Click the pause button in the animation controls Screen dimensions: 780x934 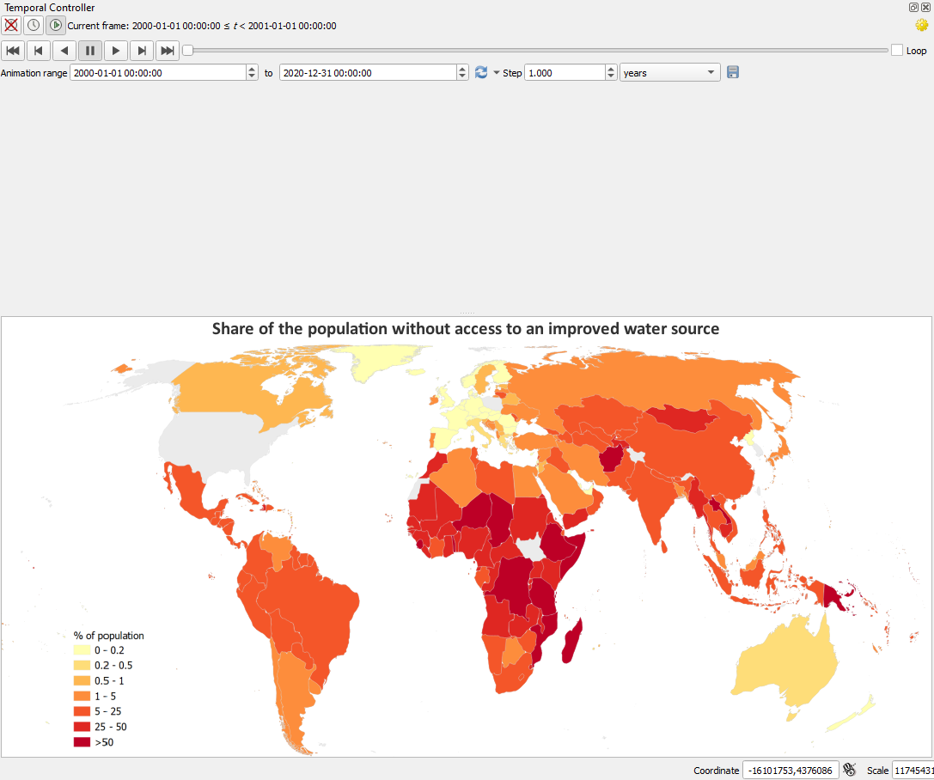coord(90,51)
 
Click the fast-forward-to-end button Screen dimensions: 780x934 coord(168,51)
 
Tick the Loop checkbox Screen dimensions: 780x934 coord(897,51)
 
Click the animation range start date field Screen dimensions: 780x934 coord(158,73)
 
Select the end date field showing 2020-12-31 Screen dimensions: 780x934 coord(368,73)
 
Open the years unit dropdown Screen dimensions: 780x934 coord(670,73)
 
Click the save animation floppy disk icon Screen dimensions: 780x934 coord(733,73)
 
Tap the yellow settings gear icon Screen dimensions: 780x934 coord(921,26)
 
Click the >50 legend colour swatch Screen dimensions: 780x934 coord(82,742)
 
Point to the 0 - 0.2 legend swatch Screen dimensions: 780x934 coord(82,649)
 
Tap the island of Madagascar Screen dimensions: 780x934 coord(572,641)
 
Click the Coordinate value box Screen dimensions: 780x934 coord(790,771)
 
